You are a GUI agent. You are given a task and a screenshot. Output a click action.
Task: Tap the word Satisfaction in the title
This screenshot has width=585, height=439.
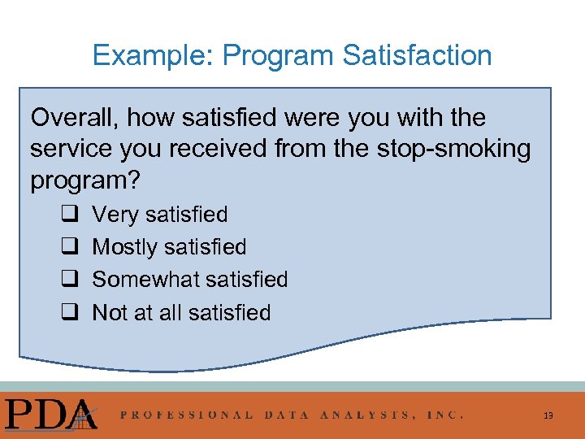pos(417,56)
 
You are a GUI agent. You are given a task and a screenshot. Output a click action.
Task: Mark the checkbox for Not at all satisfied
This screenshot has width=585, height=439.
pos(68,313)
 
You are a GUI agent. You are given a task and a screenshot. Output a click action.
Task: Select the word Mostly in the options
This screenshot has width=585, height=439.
pos(124,247)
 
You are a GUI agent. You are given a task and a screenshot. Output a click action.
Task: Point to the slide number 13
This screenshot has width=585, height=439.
pos(548,415)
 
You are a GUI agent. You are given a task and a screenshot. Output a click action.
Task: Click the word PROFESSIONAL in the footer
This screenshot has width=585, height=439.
pos(187,415)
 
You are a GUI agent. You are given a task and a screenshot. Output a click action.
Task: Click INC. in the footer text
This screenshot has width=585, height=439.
pos(444,415)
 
